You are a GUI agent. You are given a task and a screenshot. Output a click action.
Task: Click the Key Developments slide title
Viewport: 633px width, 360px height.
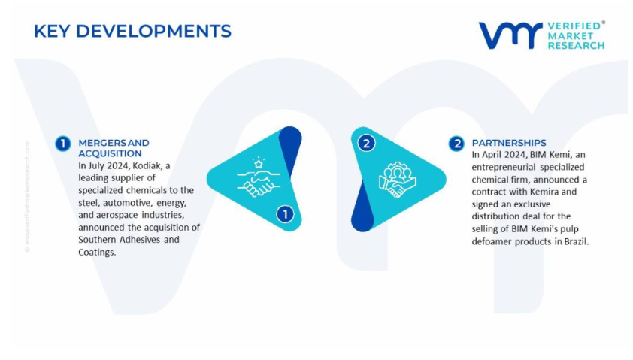point(132,31)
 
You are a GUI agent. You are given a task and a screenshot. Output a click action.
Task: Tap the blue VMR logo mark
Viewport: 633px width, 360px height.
point(510,35)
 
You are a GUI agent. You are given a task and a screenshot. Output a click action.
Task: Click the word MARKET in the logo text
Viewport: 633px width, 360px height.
point(570,35)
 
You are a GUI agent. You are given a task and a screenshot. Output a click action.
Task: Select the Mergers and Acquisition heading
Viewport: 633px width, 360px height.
point(114,148)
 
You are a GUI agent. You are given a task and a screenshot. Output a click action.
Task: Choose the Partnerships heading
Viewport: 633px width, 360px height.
point(509,143)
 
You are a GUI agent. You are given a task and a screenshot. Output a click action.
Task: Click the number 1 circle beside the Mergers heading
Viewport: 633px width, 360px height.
point(63,144)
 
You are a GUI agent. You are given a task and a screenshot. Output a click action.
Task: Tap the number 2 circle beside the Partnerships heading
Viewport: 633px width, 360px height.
point(456,144)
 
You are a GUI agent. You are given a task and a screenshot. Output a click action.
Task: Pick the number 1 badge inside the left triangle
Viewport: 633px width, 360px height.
point(285,214)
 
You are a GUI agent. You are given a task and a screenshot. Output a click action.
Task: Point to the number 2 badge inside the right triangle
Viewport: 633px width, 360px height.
point(366,144)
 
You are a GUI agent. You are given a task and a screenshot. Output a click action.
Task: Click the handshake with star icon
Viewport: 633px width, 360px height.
point(259,177)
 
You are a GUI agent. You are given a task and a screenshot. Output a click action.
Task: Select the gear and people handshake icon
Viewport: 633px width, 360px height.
point(397,180)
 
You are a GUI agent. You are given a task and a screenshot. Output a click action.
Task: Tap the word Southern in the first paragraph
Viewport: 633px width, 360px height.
point(97,239)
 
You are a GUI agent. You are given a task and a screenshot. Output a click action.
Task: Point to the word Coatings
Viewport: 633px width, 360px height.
point(97,253)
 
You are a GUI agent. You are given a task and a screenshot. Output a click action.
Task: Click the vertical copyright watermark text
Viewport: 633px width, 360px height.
point(27,196)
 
